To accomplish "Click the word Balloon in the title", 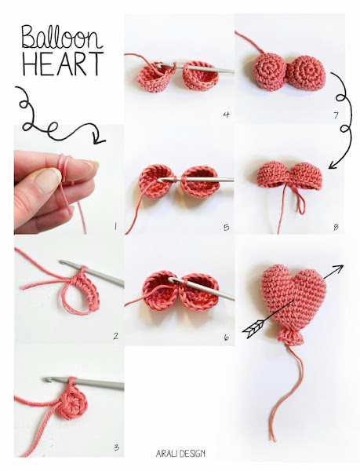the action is [62, 37].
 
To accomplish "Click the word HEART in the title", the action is [63, 64].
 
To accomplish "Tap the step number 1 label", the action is [115, 226].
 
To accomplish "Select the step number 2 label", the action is [115, 336].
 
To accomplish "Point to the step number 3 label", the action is [116, 447].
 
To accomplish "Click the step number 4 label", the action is [226, 115].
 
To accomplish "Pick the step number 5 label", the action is [226, 228].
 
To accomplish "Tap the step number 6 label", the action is [226, 338].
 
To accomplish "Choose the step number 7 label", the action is [336, 115].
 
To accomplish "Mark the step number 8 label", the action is [336, 227].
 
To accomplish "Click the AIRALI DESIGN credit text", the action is [180, 453].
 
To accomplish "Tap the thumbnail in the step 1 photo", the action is [47, 180].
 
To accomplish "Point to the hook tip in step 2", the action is [63, 262].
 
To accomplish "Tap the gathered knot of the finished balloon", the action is [291, 337].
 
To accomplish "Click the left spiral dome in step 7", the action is [271, 71].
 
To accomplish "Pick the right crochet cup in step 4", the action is [200, 75].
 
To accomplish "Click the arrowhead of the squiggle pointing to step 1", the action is [100, 139].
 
